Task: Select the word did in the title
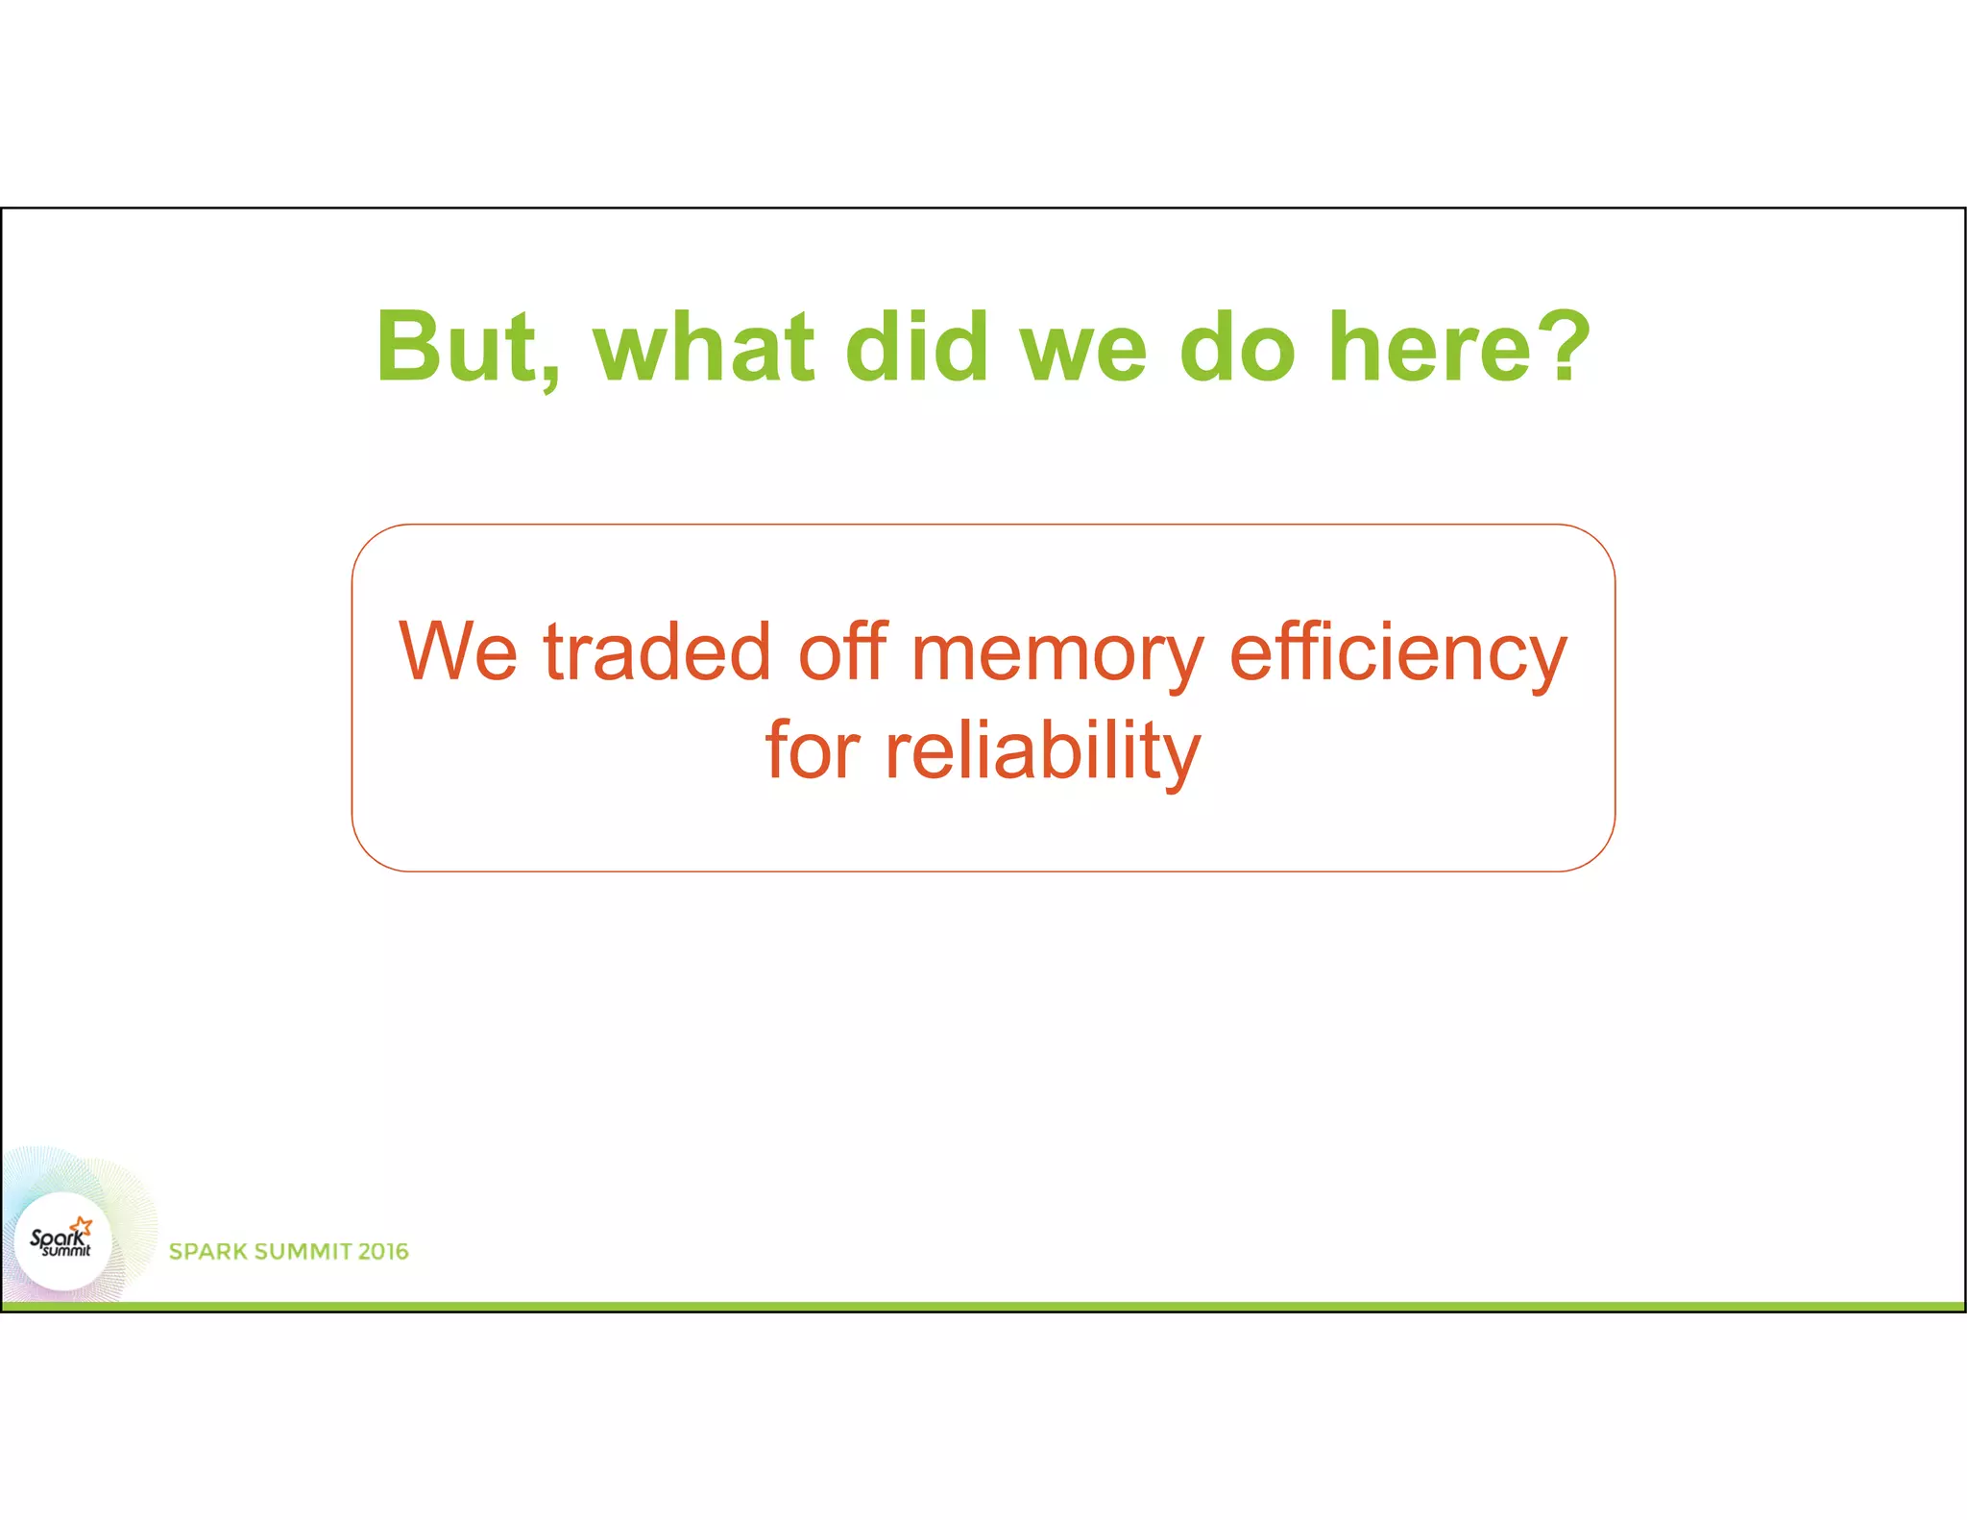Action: [916, 348]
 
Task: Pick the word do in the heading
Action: [1237, 348]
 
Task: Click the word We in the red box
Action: [458, 652]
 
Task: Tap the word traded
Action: [657, 652]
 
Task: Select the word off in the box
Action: [842, 652]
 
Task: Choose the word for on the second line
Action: [812, 750]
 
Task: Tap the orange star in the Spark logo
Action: [84, 1227]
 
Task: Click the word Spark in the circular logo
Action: [54, 1238]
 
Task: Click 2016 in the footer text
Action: [383, 1252]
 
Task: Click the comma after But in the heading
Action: [550, 380]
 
